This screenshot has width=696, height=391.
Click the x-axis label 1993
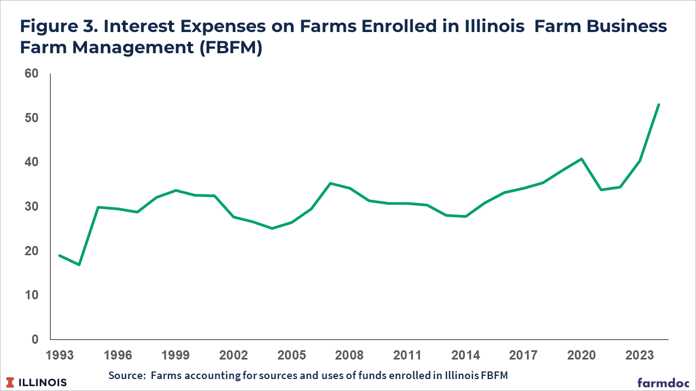pyautogui.click(x=60, y=356)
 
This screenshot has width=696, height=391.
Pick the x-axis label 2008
pyautogui.click(x=349, y=356)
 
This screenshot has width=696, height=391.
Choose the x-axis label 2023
pyautogui.click(x=640, y=356)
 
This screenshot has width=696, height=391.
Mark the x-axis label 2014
pyautogui.click(x=465, y=356)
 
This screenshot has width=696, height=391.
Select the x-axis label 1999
pyautogui.click(x=176, y=356)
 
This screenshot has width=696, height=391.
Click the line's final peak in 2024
pyautogui.click(x=659, y=104)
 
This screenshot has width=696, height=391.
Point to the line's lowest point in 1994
pyautogui.click(x=79, y=264)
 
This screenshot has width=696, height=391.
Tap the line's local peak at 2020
pyautogui.click(x=582, y=159)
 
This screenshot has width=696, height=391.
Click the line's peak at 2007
pyautogui.click(x=330, y=184)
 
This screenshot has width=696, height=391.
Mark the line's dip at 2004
pyautogui.click(x=272, y=228)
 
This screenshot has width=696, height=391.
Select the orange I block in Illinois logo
pyautogui.click(x=11, y=382)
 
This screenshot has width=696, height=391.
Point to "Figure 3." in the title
pyautogui.click(x=53, y=26)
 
